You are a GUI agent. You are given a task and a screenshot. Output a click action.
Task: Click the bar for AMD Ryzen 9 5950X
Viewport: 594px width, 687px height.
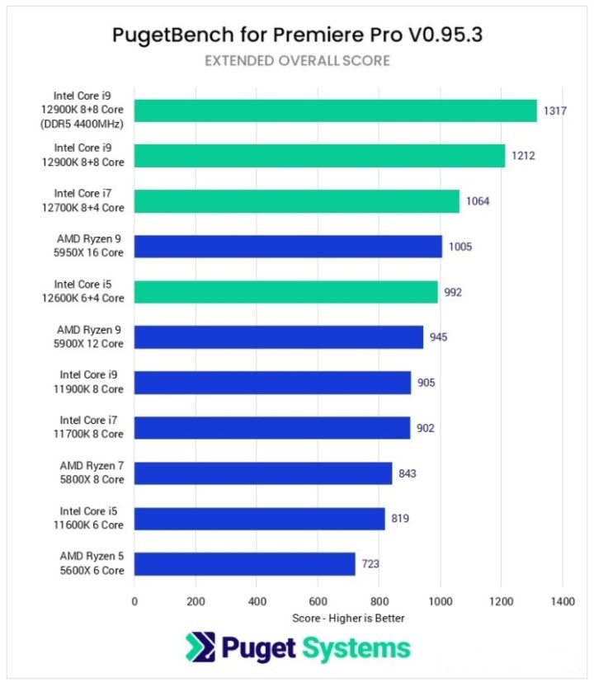pos(288,247)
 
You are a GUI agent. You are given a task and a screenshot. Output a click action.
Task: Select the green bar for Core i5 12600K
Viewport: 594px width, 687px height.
pos(285,292)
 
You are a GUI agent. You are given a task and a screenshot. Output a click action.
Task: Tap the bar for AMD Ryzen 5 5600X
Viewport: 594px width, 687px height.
pos(244,564)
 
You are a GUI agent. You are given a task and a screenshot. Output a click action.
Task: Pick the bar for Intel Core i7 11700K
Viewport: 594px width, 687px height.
pos(272,428)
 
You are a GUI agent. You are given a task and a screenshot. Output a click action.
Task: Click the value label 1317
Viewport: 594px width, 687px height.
pos(554,111)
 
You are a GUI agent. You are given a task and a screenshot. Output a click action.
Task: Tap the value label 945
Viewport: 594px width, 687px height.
pos(440,337)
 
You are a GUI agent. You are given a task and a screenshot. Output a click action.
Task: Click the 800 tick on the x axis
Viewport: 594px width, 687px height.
pos(379,601)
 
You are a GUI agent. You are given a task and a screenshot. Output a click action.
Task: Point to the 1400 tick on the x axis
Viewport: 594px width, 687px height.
pos(563,601)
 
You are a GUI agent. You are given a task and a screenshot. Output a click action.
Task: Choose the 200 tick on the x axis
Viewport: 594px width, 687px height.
pos(196,601)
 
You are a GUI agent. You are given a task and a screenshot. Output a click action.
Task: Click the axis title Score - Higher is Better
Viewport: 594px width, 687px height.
pos(348,618)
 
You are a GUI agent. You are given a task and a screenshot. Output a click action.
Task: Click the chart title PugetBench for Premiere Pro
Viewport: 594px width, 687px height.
pos(296,35)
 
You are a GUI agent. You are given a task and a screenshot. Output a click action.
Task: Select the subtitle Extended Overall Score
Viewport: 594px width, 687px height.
pos(297,60)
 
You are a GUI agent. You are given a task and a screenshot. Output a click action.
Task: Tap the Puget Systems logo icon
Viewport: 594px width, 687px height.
pos(201,648)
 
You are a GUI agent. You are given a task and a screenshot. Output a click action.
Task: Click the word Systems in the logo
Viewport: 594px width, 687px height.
pos(356,649)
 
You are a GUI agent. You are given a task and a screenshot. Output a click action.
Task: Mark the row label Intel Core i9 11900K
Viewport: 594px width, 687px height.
pos(92,382)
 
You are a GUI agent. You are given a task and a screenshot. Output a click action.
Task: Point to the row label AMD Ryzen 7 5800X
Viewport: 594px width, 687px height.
pos(92,473)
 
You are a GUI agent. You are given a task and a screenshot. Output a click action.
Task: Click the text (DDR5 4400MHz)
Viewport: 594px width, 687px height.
pos(87,125)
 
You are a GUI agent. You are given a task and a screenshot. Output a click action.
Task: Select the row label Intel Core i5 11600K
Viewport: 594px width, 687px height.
pos(92,518)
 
